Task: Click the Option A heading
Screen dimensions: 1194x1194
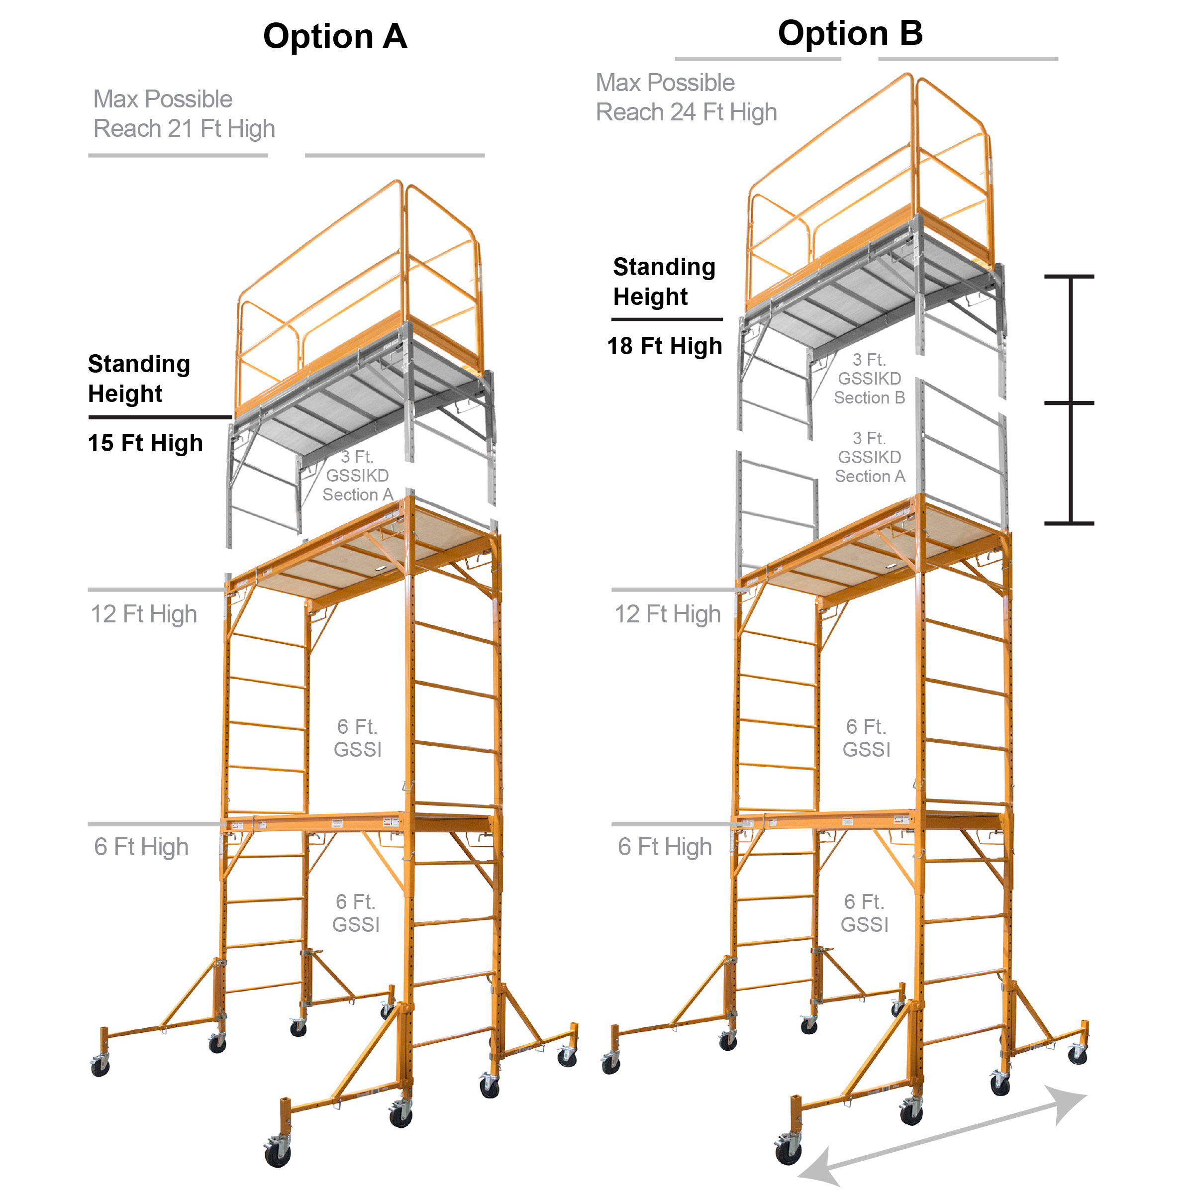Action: (x=335, y=36)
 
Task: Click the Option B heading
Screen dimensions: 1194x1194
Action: (x=850, y=33)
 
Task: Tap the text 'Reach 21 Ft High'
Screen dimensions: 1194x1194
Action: (x=184, y=128)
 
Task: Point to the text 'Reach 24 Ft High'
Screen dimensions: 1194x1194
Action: (x=686, y=112)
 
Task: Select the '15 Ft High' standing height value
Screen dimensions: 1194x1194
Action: (x=145, y=443)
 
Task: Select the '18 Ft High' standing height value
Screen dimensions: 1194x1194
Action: (x=664, y=346)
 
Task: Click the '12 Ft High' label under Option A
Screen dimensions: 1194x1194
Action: (x=144, y=614)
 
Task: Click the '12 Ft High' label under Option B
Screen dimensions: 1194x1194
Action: (x=668, y=614)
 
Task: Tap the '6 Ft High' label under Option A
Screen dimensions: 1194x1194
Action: (x=141, y=847)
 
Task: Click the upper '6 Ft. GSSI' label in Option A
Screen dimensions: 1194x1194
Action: (x=357, y=738)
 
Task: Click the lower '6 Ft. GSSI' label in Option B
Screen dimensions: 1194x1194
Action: (x=865, y=913)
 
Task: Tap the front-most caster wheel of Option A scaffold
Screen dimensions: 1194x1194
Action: (x=278, y=1154)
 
